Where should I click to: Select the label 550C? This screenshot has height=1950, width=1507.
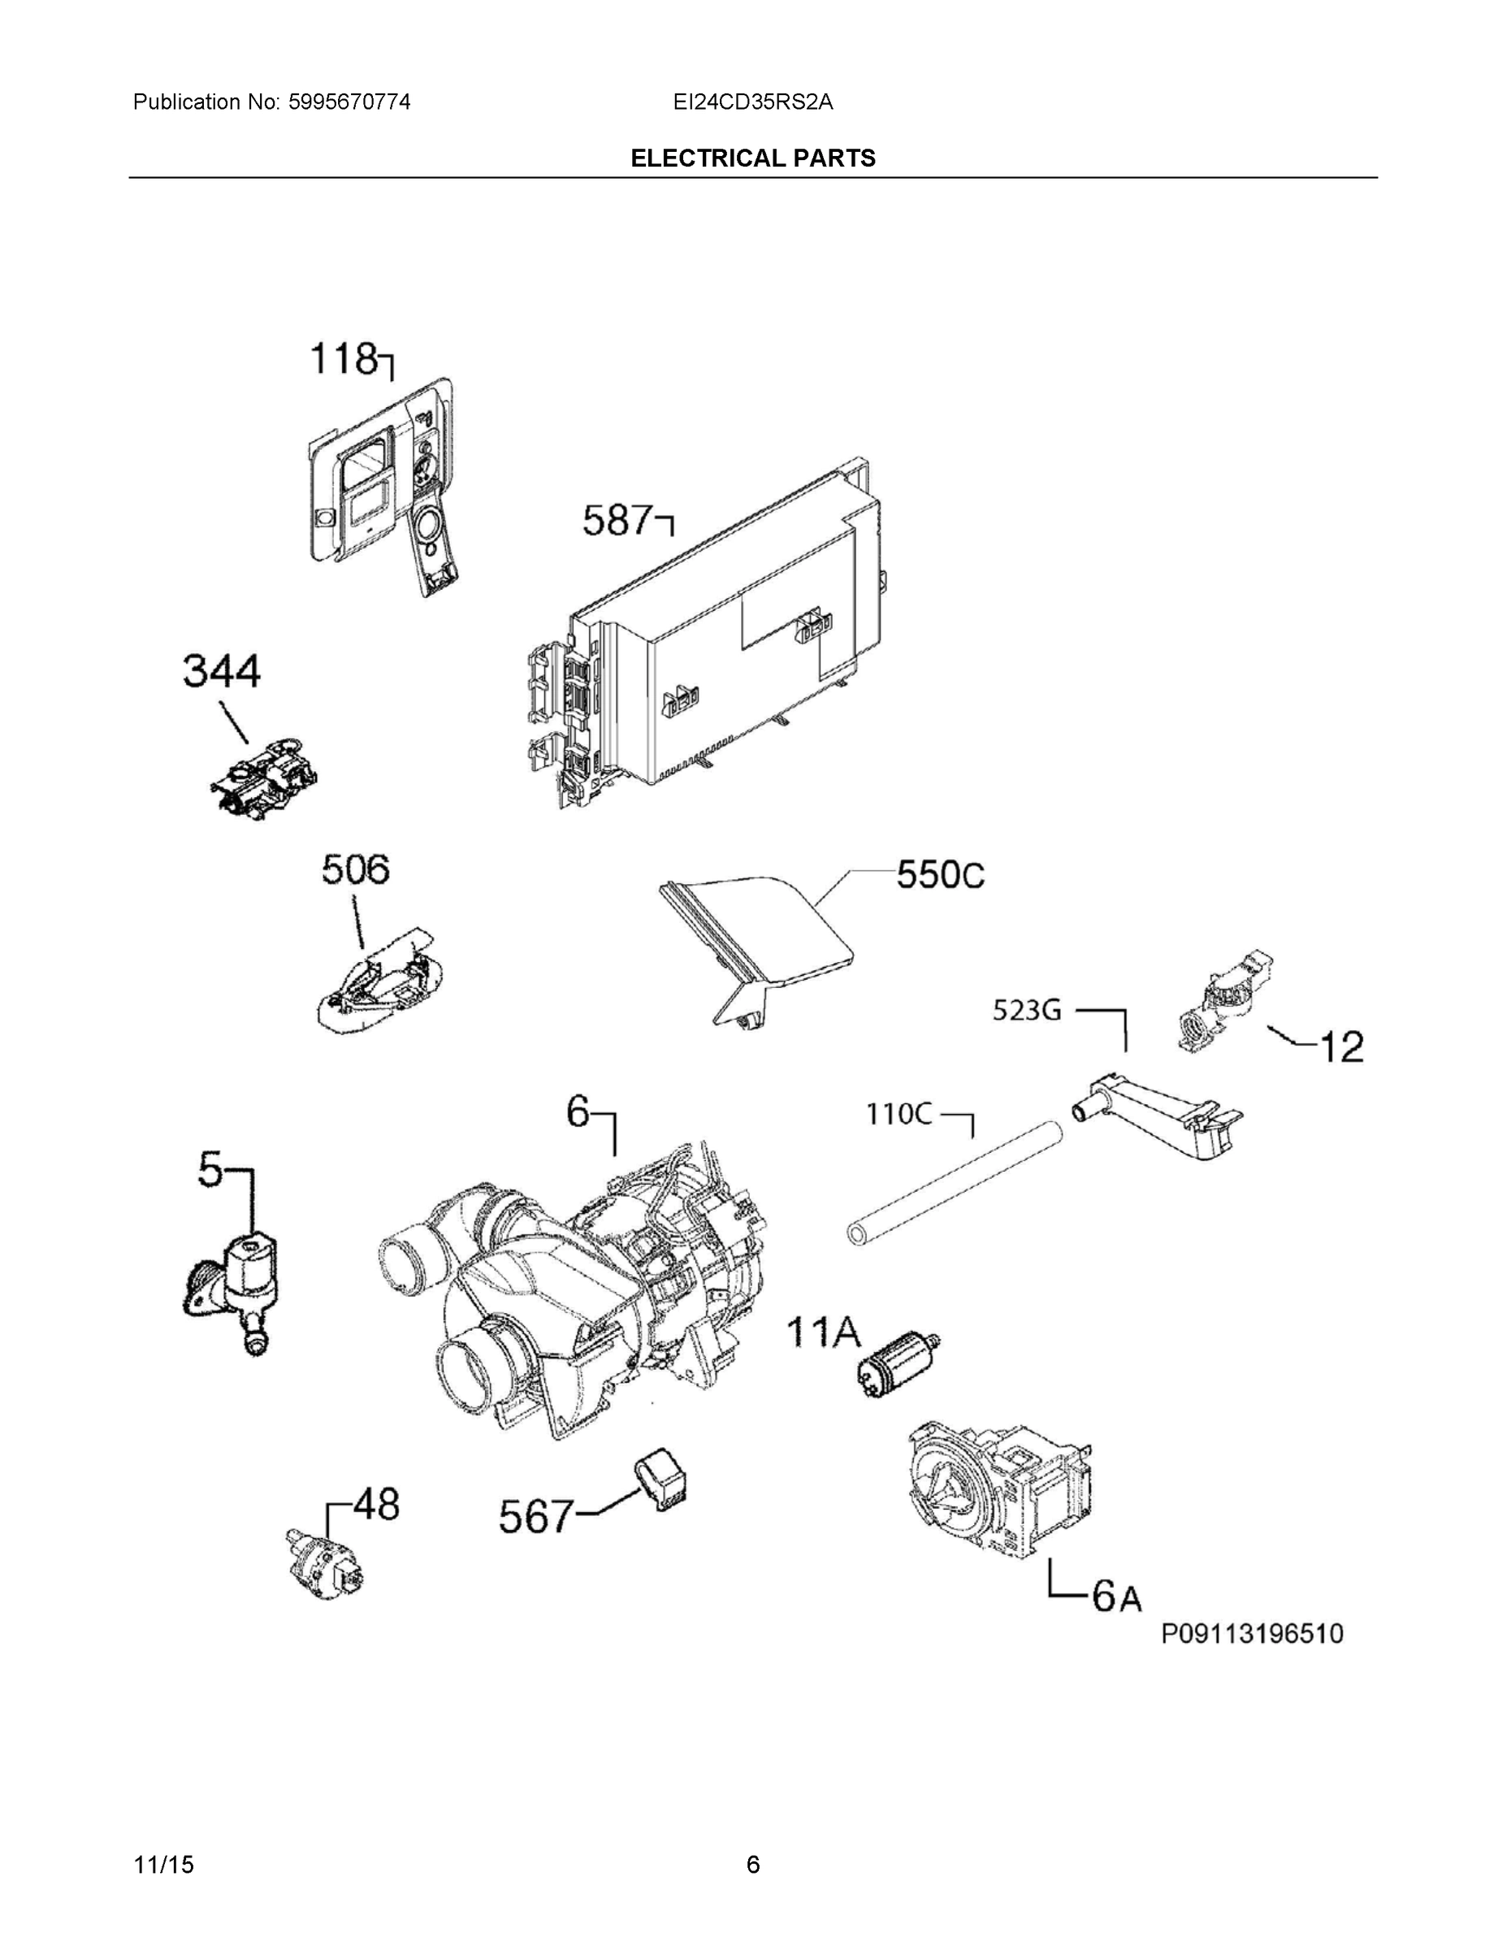tap(940, 875)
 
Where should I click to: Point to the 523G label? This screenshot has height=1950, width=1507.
tap(1027, 1011)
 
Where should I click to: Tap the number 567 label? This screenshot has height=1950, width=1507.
tap(534, 1516)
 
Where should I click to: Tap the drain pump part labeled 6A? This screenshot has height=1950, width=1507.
tap(998, 1489)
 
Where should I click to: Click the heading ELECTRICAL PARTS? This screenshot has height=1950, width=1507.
tap(752, 158)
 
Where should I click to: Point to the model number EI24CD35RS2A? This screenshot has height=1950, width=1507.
tap(752, 102)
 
